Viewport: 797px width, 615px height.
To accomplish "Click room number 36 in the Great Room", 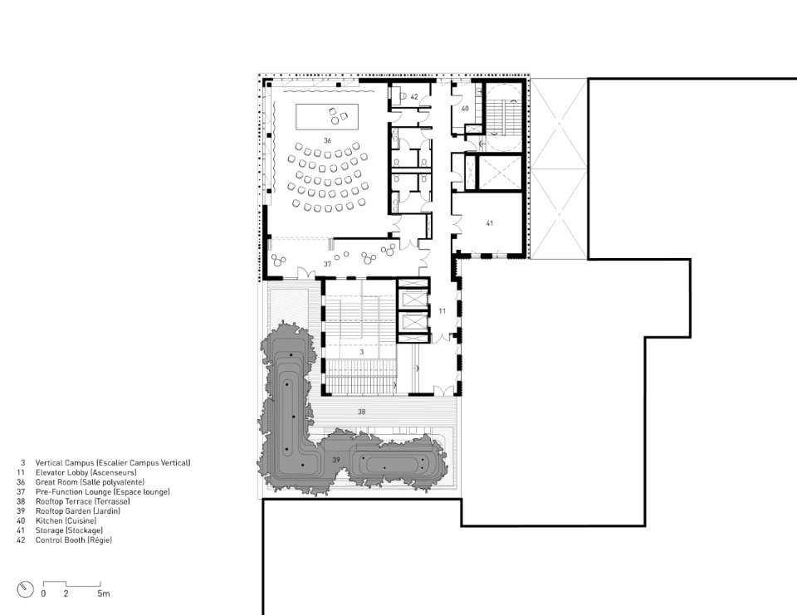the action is click(327, 140).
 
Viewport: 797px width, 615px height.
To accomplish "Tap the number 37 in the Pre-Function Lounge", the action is click(327, 264).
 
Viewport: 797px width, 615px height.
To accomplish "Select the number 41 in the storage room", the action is click(490, 223).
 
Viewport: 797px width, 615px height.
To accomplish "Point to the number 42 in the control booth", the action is click(414, 96).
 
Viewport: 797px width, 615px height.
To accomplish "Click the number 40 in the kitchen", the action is click(465, 108).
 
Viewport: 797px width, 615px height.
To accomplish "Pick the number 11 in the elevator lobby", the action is click(443, 311).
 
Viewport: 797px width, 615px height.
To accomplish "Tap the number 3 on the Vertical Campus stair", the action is click(361, 352).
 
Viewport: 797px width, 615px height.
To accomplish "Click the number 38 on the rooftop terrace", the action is click(361, 412).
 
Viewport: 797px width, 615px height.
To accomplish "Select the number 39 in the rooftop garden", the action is click(336, 460).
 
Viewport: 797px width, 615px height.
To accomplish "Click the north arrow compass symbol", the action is click(25, 589).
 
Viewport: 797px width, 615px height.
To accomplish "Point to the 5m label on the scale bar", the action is click(104, 593).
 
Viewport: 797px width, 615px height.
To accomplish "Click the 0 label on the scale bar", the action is click(43, 593).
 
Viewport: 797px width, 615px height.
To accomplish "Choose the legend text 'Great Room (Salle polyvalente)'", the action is click(90, 482).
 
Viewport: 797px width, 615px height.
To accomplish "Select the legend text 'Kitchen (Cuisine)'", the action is click(66, 521).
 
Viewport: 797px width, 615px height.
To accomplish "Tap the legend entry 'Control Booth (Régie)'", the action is click(74, 540).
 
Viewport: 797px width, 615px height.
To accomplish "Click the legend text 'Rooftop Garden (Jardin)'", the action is click(78, 511).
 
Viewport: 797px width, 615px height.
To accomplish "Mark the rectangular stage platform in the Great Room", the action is click(327, 117).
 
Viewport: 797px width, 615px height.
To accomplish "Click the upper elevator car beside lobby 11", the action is click(413, 300).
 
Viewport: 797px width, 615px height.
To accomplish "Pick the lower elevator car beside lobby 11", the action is click(413, 323).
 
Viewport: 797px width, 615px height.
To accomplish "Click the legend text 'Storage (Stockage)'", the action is click(69, 530).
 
